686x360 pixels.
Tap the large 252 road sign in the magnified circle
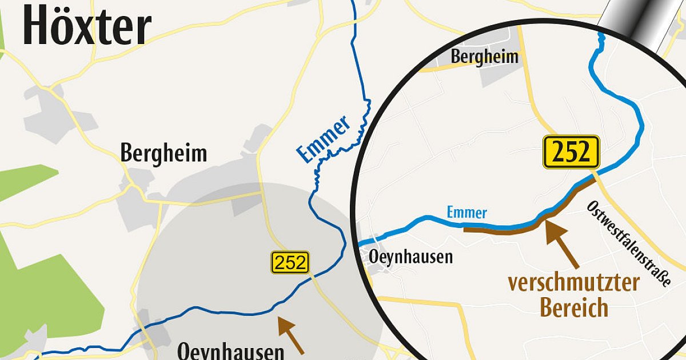pos(571,152)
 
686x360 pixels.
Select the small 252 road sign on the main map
pos(290,262)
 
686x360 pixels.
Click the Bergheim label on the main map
pos(163,153)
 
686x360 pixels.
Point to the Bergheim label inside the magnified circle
pos(484,57)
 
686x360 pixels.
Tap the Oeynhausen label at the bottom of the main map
pos(231,350)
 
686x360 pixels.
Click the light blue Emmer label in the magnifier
pos(466,213)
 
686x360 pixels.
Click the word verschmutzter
pos(573,282)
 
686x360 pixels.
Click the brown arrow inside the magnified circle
pos(561,243)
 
